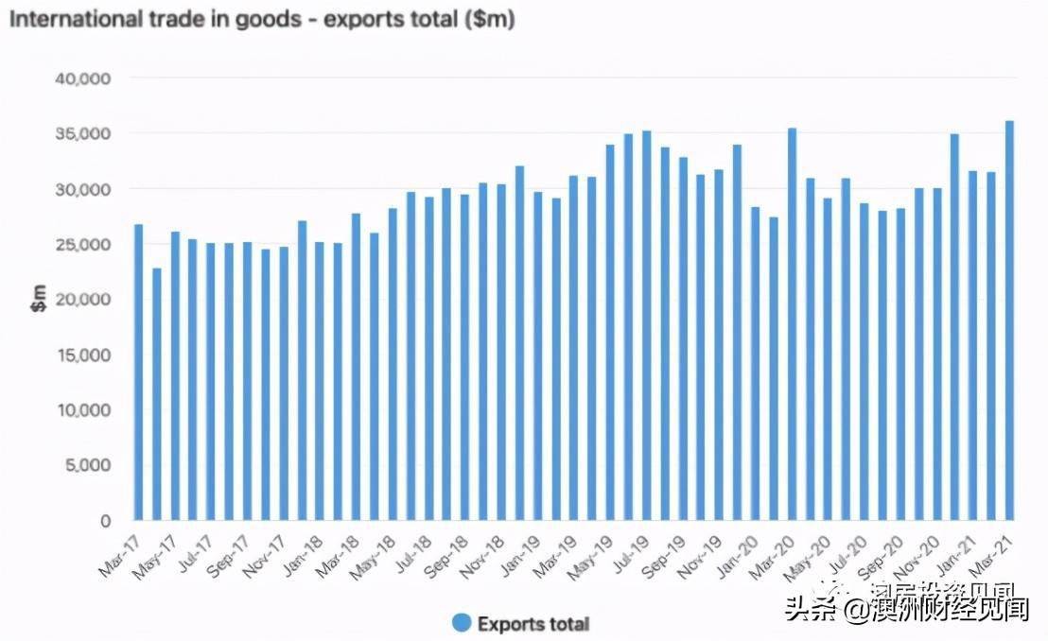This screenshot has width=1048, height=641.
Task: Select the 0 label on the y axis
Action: pos(105,520)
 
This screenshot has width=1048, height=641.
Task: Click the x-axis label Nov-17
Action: pos(265,556)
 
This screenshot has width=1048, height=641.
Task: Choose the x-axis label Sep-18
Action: pos(446,556)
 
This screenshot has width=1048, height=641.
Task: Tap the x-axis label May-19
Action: pos(592,556)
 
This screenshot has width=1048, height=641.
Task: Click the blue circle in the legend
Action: pos(462,623)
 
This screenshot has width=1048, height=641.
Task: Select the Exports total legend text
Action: pos(533,624)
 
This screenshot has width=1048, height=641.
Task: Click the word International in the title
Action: pos(67,18)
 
